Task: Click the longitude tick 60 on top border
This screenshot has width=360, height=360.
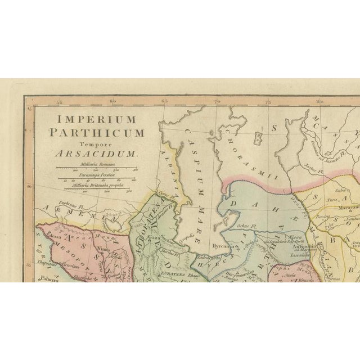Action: pyautogui.click(x=113, y=102)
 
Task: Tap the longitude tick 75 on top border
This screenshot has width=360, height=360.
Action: pyautogui.click(x=268, y=102)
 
